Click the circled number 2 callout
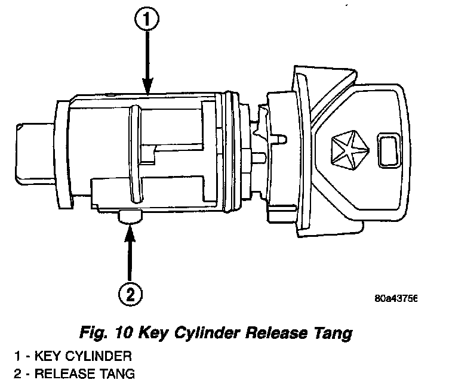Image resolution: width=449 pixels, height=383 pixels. (131, 293)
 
